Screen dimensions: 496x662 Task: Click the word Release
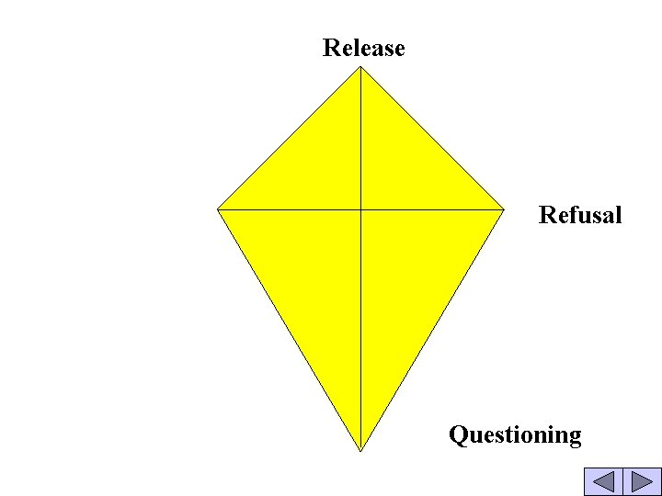click(x=363, y=48)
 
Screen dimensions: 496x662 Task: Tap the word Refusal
click(x=580, y=216)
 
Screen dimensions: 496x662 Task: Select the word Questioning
click(x=515, y=434)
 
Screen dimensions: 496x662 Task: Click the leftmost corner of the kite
click(x=218, y=209)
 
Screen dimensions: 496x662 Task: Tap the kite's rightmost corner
click(x=505, y=209)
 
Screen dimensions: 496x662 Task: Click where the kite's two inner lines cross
click(x=360, y=209)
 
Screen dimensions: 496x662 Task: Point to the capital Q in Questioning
click(x=458, y=434)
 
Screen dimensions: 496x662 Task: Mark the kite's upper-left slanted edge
click(x=289, y=138)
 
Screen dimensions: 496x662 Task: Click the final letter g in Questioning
click(x=575, y=437)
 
